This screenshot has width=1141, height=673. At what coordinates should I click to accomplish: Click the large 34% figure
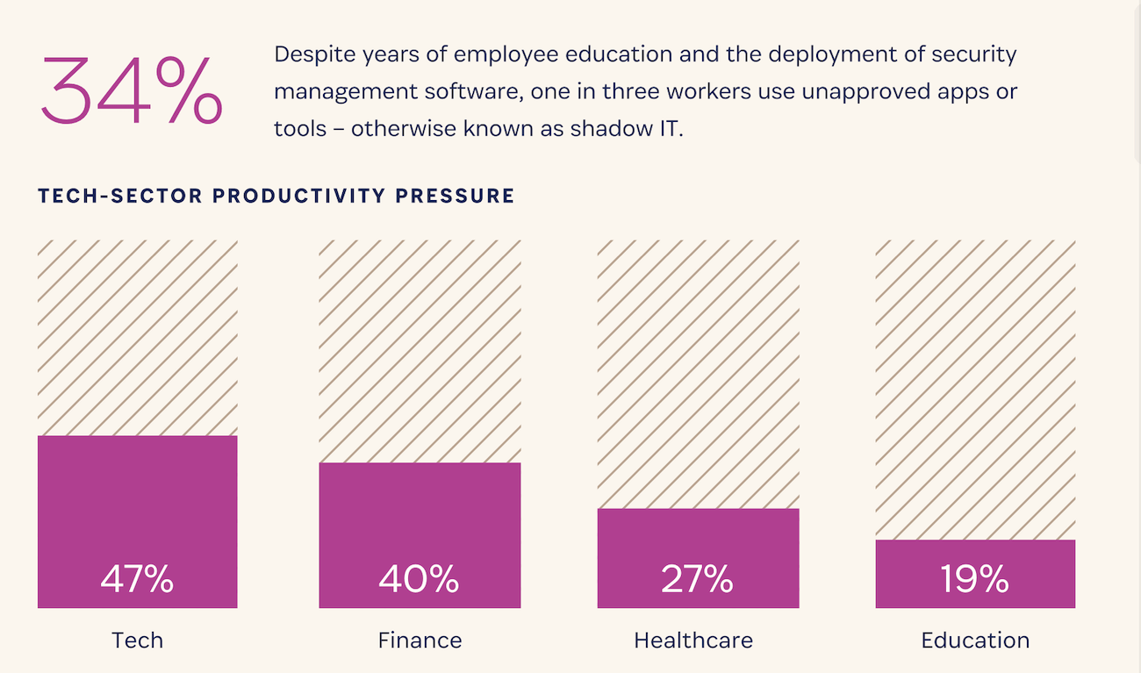pyautogui.click(x=131, y=90)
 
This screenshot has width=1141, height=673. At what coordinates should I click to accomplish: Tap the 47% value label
pyautogui.click(x=137, y=579)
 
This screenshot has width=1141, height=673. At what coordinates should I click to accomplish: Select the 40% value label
pyautogui.click(x=419, y=579)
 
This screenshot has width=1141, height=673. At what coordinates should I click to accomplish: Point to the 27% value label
pyautogui.click(x=697, y=579)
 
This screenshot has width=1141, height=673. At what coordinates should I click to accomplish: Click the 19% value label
pyautogui.click(x=974, y=579)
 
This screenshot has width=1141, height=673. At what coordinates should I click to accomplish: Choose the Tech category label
pyautogui.click(x=137, y=640)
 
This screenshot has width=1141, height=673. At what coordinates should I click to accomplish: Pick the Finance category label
pyautogui.click(x=420, y=640)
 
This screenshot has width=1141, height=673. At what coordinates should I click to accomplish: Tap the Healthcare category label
pyautogui.click(x=693, y=640)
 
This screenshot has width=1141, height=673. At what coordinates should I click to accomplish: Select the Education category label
pyautogui.click(x=975, y=640)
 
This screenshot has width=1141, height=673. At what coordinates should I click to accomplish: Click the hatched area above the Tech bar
pyautogui.click(x=137, y=338)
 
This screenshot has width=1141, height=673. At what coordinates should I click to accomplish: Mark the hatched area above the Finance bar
pyautogui.click(x=420, y=351)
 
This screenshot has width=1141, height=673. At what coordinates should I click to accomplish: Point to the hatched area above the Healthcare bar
pyautogui.click(x=698, y=374)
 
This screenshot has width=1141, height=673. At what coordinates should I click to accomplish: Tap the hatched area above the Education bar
pyautogui.click(x=975, y=390)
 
